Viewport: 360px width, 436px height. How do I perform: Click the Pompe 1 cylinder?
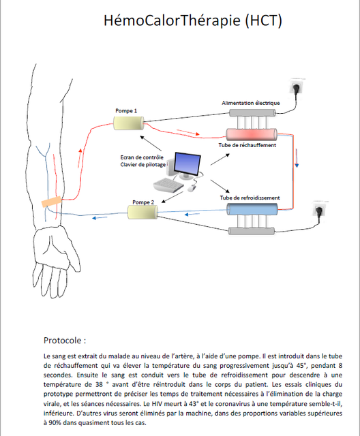click(129, 123)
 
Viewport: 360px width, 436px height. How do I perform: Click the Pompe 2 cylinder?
click(142, 212)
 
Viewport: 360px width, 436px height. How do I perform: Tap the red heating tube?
click(252, 135)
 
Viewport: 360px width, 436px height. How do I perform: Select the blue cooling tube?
click(252, 209)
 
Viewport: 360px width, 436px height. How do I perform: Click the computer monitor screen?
click(187, 163)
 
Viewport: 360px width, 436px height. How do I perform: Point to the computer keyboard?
click(168, 185)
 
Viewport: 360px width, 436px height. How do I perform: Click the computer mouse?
click(192, 188)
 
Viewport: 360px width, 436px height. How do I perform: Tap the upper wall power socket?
click(296, 87)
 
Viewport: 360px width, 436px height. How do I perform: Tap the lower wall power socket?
click(320, 209)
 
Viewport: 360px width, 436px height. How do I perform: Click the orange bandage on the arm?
click(51, 202)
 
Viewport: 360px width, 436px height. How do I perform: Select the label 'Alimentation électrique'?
click(251, 103)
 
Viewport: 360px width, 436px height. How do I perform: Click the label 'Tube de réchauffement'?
click(247, 145)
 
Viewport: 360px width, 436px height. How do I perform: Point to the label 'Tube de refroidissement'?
click(250, 198)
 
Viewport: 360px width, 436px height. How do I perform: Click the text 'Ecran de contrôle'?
click(142, 157)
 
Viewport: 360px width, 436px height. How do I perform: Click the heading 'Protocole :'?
click(65, 341)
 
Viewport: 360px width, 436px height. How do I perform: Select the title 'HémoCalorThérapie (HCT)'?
click(193, 20)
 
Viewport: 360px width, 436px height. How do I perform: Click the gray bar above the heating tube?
click(252, 113)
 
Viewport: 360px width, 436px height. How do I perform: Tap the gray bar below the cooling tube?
click(252, 231)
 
